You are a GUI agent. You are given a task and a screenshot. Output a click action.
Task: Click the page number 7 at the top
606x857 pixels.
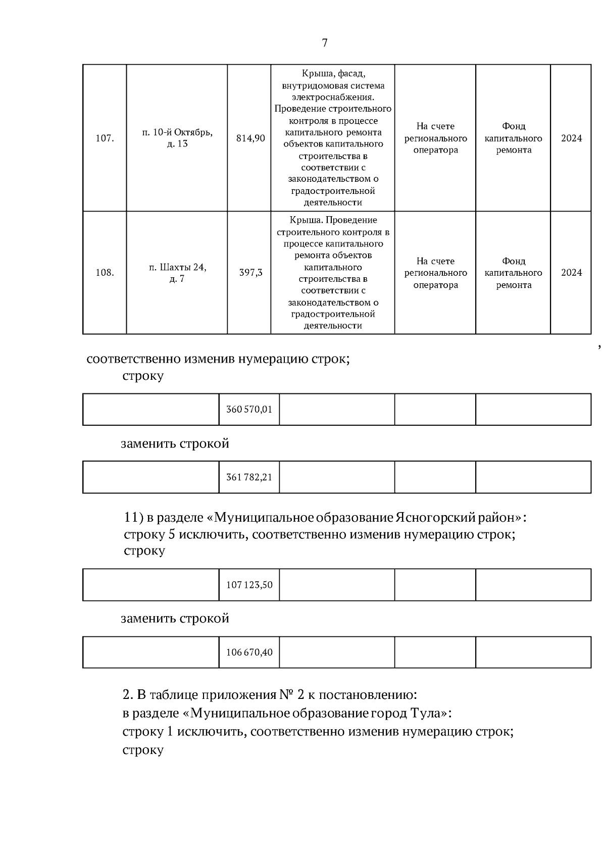tap(325, 43)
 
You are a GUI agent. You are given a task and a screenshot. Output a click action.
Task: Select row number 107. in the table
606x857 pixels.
tap(105, 138)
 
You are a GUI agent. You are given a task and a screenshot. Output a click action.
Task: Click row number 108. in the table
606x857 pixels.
tap(105, 273)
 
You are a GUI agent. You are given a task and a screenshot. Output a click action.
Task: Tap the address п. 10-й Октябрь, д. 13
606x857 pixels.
tap(177, 138)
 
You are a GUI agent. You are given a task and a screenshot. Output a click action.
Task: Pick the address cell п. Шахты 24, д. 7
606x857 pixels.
tap(177, 273)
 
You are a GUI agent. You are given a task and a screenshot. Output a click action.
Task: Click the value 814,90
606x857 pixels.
tap(250, 138)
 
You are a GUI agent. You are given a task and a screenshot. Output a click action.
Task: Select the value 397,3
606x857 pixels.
tap(250, 273)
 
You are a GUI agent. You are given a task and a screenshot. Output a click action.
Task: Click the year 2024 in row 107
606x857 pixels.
tap(571, 138)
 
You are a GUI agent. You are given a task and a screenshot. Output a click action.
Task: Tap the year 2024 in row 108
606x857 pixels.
tap(571, 273)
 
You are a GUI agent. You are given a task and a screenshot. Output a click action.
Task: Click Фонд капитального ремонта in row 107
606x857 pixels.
tap(514, 138)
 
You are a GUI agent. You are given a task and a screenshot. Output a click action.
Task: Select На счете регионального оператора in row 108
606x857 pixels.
tap(435, 273)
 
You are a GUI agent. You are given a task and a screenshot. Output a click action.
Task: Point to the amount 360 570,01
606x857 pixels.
tap(249, 410)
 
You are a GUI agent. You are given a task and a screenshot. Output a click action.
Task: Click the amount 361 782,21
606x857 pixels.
tap(249, 477)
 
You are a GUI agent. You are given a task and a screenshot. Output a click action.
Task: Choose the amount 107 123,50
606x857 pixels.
tap(249, 585)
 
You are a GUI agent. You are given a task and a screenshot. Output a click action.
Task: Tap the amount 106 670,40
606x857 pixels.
tap(249, 652)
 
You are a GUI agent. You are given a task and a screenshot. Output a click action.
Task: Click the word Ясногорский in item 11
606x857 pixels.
tap(436, 518)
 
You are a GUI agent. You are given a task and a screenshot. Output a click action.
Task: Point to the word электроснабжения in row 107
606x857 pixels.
tap(333, 97)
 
